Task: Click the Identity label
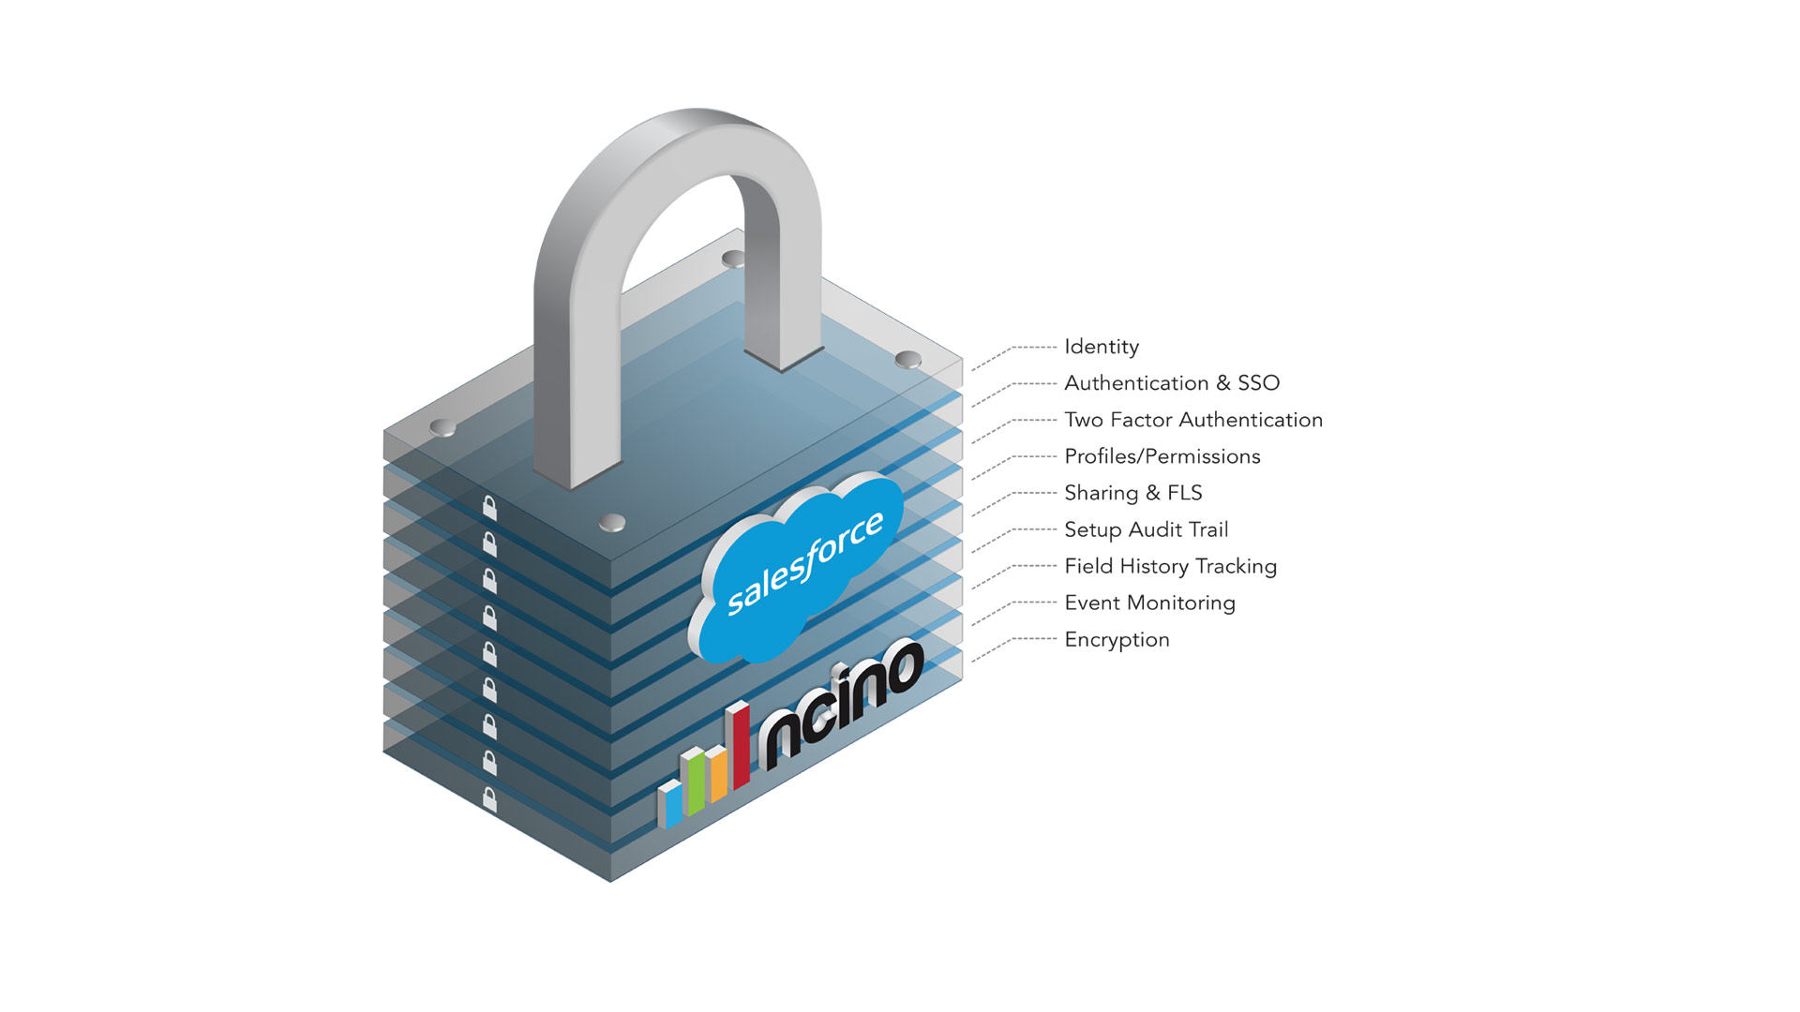pyautogui.click(x=1102, y=348)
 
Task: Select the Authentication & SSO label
pyautogui.click(x=1172, y=383)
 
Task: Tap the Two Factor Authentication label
pyautogui.click(x=1193, y=420)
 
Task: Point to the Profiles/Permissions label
pyautogui.click(x=1162, y=456)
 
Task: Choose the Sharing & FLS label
pyautogui.click(x=1133, y=493)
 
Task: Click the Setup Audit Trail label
pyautogui.click(x=1147, y=529)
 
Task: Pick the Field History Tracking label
pyautogui.click(x=1171, y=566)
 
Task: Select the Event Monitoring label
pyautogui.click(x=1150, y=603)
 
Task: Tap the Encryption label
pyautogui.click(x=1117, y=640)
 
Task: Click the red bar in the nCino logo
pyautogui.click(x=739, y=745)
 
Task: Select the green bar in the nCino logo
pyautogui.click(x=694, y=781)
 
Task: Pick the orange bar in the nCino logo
pyautogui.click(x=717, y=773)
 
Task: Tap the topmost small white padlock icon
pyautogui.click(x=489, y=508)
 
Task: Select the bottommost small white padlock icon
pyautogui.click(x=489, y=799)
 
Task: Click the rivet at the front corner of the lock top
pyautogui.click(x=612, y=522)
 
